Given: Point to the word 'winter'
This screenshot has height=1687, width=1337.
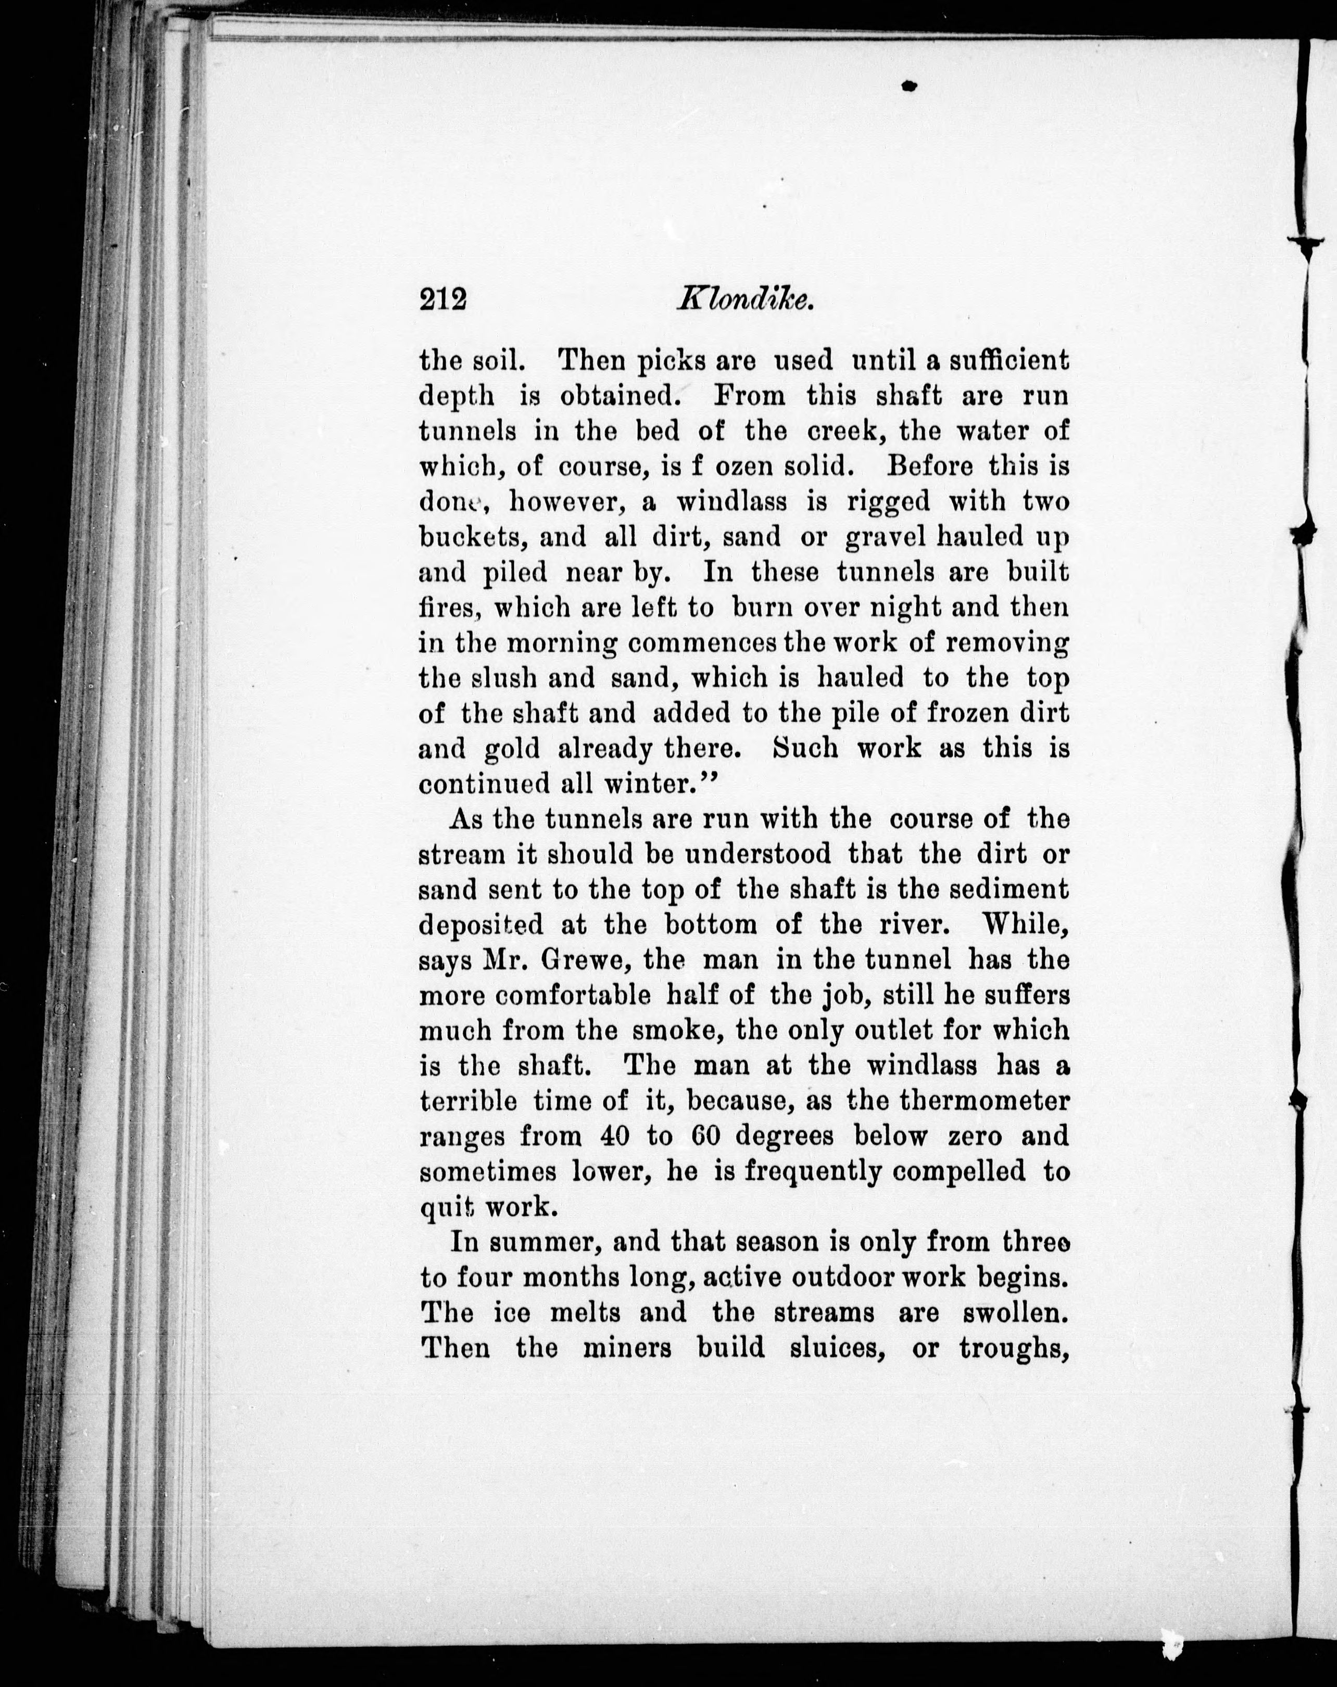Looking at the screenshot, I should point(649,784).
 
